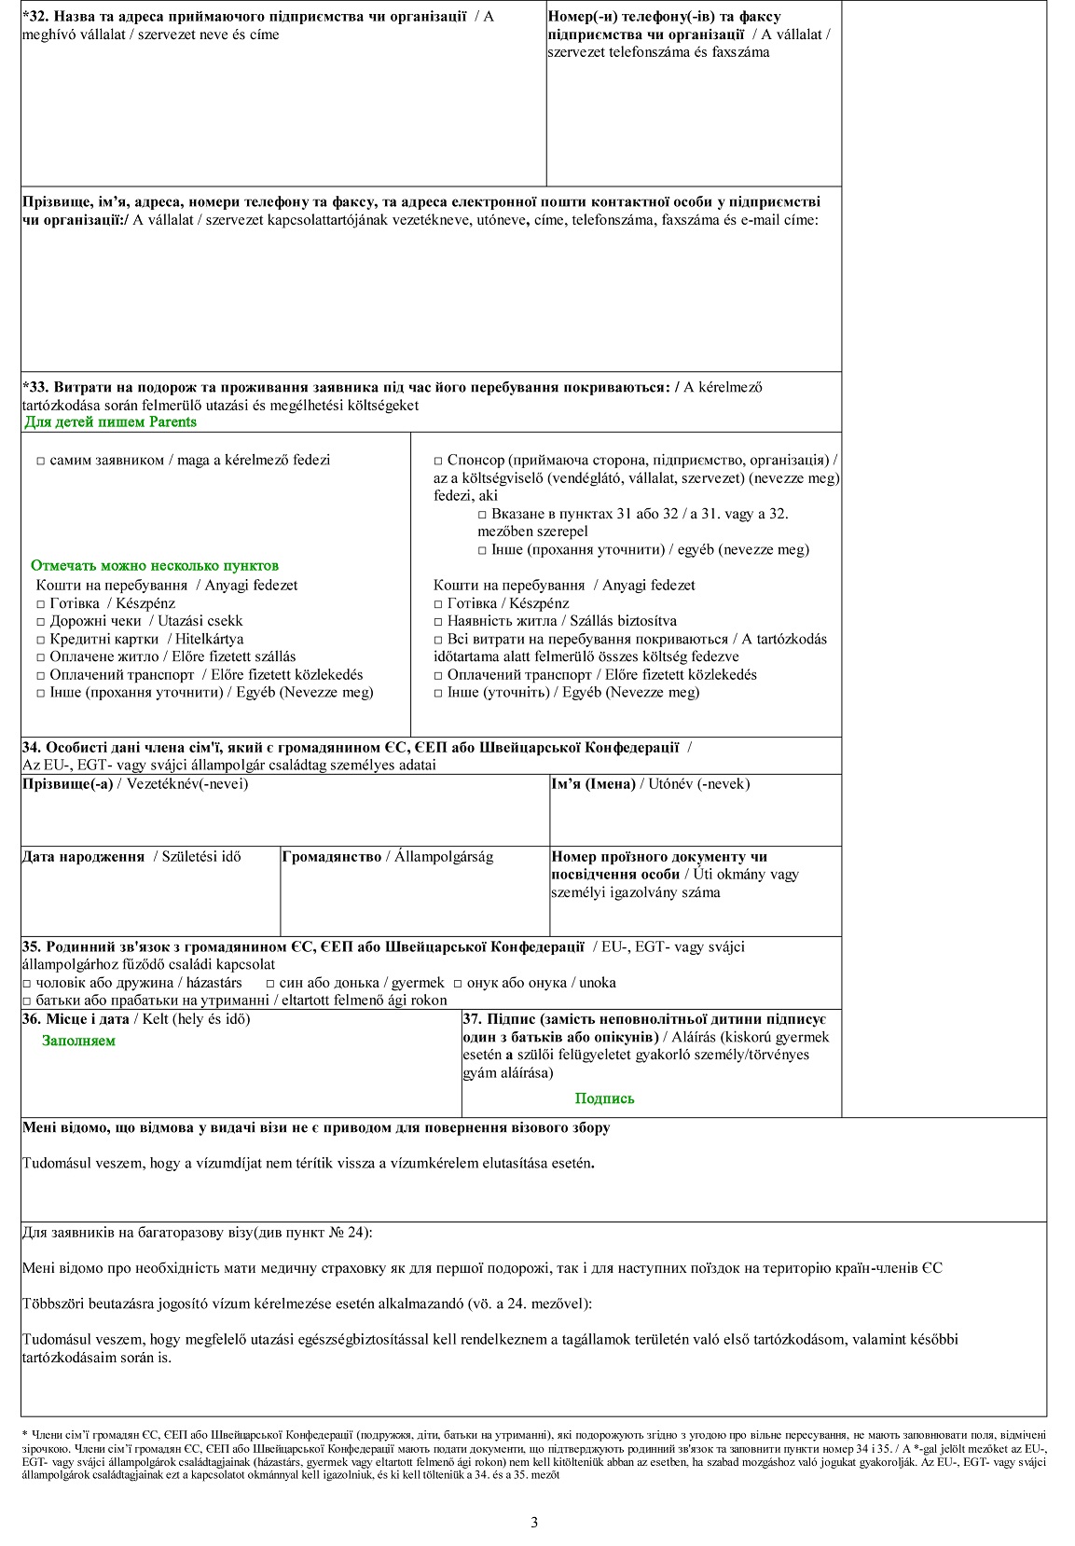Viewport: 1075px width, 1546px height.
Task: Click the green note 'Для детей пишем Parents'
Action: [x=110, y=422]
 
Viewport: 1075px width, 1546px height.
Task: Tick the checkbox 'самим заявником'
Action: [x=41, y=461]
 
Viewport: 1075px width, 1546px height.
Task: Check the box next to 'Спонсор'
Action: [x=438, y=461]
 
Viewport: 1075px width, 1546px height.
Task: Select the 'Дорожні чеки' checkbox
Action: [x=41, y=621]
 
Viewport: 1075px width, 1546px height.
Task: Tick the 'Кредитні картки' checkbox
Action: [x=41, y=639]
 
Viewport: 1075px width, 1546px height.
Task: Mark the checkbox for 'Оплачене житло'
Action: [x=41, y=656]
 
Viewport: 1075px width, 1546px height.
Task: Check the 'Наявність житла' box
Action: [x=438, y=621]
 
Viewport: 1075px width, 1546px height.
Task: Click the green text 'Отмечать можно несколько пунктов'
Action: [x=154, y=566]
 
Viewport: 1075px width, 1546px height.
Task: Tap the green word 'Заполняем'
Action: [x=78, y=1041]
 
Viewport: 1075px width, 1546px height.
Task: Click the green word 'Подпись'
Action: [x=604, y=1098]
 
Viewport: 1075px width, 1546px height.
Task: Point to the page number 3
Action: [x=534, y=1523]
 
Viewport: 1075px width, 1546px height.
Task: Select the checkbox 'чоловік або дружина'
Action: [x=27, y=983]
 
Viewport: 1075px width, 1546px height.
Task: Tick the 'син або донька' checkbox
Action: [x=270, y=983]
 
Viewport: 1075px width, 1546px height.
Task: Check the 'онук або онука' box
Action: [x=458, y=983]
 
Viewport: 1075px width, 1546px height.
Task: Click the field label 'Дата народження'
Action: [x=83, y=857]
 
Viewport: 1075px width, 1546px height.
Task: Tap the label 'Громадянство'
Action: [x=331, y=857]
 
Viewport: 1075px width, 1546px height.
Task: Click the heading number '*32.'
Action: [x=35, y=17]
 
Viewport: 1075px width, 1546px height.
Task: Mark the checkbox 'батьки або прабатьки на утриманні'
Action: [x=27, y=1001]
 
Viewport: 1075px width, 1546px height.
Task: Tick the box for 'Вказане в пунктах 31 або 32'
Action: [x=482, y=515]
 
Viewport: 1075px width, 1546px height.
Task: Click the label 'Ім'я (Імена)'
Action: [x=593, y=784]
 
